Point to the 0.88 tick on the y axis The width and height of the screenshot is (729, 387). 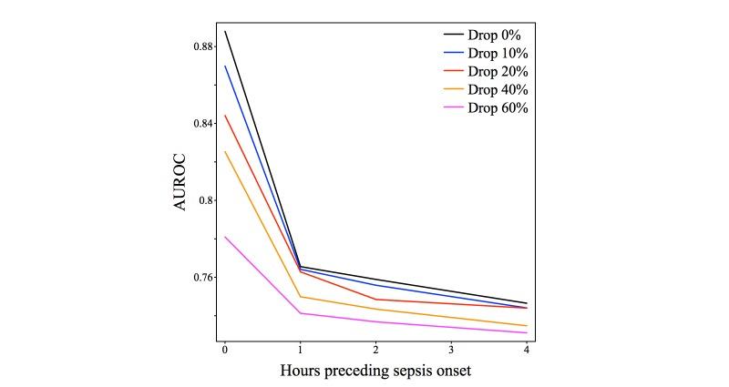[202, 46]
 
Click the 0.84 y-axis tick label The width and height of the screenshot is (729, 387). [202, 122]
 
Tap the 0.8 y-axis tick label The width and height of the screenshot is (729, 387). [206, 199]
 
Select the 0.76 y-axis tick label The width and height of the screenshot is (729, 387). [202, 277]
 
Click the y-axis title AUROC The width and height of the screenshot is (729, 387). [180, 182]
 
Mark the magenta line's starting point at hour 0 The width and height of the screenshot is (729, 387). [224, 237]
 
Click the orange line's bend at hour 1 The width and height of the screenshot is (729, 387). [300, 297]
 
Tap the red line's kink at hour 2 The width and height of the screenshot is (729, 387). [375, 300]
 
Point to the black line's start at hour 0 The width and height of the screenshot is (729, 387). [224, 32]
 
